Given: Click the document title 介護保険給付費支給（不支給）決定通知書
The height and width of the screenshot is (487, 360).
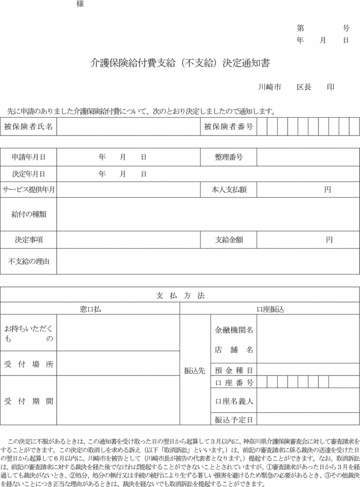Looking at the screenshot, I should [180, 63].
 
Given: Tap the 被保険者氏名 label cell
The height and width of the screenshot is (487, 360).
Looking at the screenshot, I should [29, 127].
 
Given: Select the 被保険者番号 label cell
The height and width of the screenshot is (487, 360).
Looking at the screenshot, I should [229, 127].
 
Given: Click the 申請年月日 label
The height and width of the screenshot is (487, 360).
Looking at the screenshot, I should [29, 157].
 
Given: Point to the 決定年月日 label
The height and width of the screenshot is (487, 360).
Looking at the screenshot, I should [29, 174].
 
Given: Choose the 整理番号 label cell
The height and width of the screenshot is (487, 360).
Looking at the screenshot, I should [229, 157].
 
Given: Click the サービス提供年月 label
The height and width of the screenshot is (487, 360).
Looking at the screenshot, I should [29, 190].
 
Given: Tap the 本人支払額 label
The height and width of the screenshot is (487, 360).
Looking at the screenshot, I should [229, 190].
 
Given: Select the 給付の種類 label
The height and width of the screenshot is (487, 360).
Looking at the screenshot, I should [29, 214].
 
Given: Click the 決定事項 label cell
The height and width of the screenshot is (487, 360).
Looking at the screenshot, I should [29, 240].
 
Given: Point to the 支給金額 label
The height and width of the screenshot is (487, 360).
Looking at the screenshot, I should [229, 240].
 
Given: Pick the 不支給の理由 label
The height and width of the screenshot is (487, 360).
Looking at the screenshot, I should [29, 261].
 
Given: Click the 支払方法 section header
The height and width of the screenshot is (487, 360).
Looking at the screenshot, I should [180, 295].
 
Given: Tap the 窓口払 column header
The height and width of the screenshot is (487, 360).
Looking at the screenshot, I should [90, 309].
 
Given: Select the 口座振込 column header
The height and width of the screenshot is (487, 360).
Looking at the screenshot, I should [270, 309].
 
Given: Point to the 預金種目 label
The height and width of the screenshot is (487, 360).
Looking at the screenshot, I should [234, 370].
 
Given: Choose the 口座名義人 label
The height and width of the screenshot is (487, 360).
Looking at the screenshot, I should [234, 401].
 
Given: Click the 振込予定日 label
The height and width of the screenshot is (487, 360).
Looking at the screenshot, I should [234, 419].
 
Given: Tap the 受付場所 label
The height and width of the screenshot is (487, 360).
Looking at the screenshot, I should [29, 364].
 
